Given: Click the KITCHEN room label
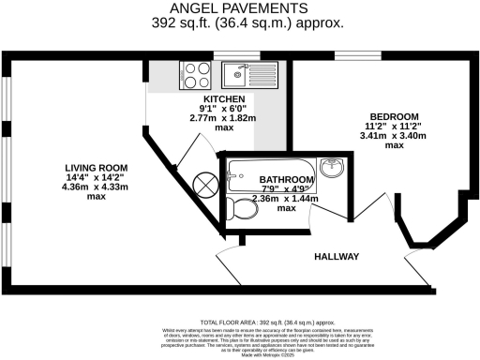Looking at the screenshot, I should coord(224,99).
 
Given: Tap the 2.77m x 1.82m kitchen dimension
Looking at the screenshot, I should coord(224,120).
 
